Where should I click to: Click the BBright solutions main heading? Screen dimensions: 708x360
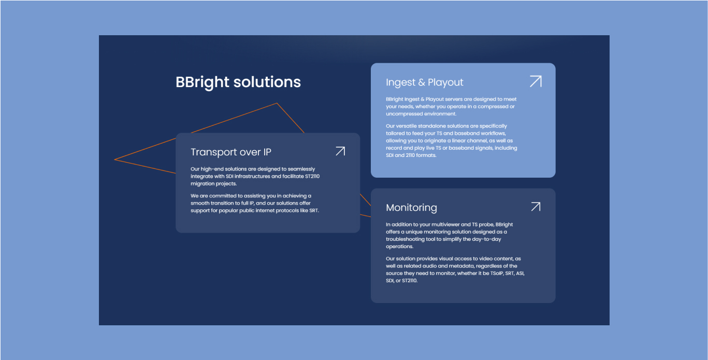(238, 82)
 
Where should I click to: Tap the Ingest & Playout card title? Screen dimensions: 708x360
(425, 82)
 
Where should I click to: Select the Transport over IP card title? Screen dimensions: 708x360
(230, 152)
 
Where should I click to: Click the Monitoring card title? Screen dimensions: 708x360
(411, 207)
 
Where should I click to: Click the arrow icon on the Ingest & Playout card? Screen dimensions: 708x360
(536, 81)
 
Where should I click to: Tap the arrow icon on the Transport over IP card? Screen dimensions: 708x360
(340, 151)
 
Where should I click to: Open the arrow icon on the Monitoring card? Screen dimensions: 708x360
(536, 207)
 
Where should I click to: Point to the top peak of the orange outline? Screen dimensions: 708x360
(277, 103)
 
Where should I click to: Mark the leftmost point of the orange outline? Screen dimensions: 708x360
(114, 160)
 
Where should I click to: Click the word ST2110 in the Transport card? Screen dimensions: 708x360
(312, 176)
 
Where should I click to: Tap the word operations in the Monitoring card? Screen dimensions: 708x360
(399, 247)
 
